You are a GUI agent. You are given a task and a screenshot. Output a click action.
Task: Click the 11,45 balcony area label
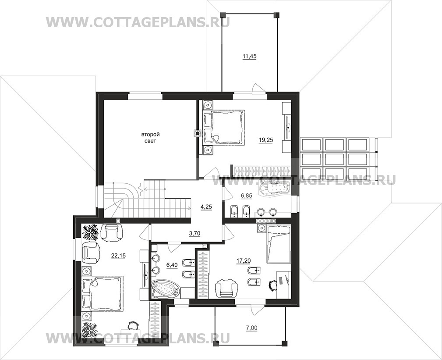[249, 57]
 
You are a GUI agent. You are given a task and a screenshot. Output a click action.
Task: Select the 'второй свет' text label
[149, 138]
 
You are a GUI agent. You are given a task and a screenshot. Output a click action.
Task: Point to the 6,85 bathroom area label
[246, 195]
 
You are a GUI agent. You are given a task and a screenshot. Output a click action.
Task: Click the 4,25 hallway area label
[206, 207]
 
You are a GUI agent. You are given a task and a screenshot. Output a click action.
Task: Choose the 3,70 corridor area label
[194, 233]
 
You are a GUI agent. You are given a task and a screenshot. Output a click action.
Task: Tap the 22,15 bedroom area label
[118, 256]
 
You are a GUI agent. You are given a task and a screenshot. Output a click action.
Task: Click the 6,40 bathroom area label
[172, 265]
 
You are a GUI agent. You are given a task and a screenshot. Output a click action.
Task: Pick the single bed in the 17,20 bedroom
[278, 244]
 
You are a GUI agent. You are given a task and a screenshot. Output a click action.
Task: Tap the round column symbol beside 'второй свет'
[197, 133]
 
